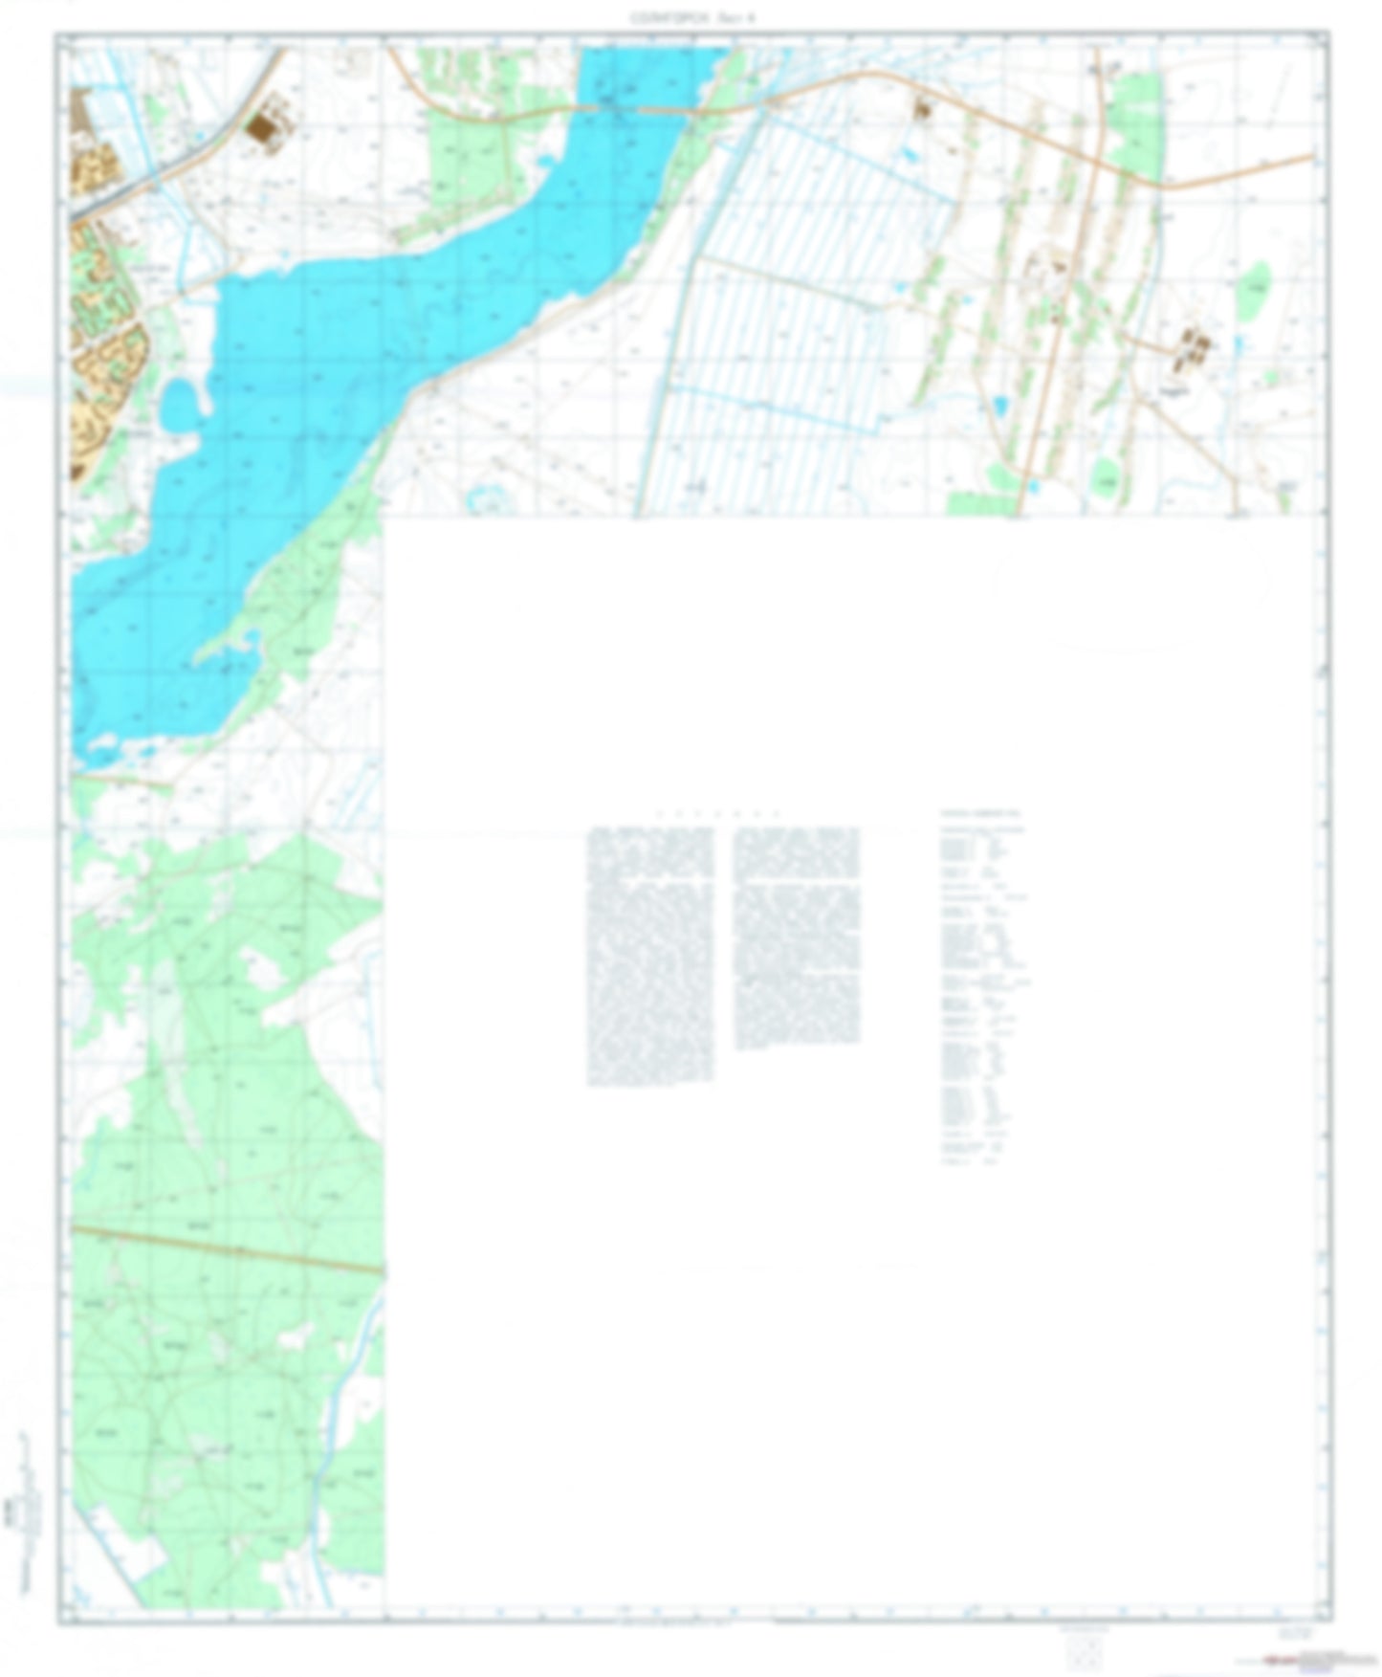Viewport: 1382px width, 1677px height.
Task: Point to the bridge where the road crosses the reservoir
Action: pos(660,112)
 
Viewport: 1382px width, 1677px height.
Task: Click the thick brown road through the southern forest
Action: pos(230,1248)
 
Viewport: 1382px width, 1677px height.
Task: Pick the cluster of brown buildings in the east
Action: pos(1193,348)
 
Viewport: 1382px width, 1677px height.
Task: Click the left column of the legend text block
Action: pos(649,957)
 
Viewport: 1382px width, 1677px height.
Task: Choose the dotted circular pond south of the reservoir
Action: pos(488,497)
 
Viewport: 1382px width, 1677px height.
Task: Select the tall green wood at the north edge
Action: pos(1138,124)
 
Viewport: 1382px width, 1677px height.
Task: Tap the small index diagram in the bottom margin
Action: pos(1084,1647)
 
